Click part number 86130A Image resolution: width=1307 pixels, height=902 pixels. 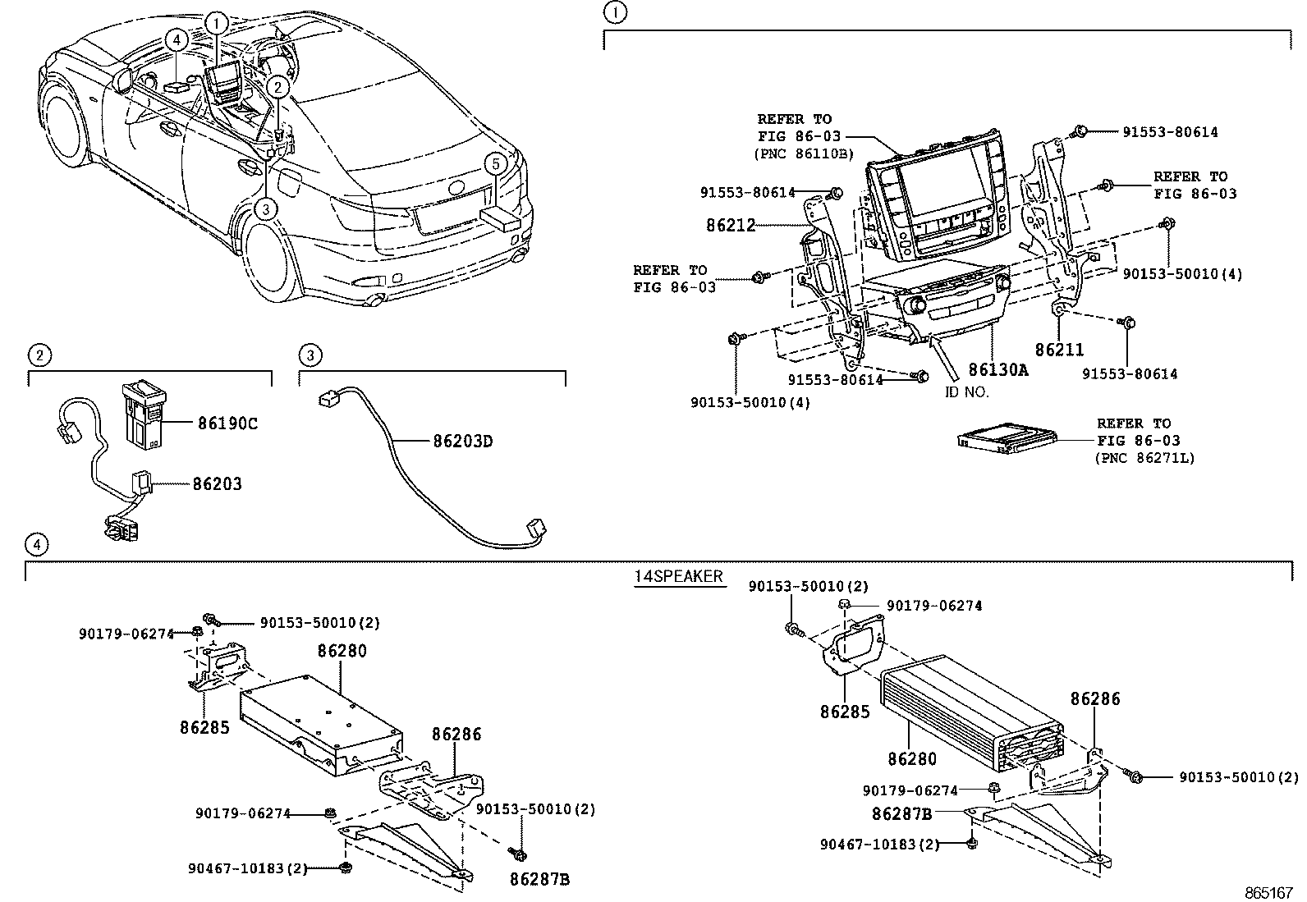click(x=998, y=370)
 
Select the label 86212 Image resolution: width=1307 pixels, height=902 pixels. click(x=731, y=224)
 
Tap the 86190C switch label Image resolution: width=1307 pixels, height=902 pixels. click(x=227, y=424)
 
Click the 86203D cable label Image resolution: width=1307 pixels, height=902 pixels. click(x=463, y=442)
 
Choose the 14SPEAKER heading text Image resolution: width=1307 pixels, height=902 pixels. click(x=678, y=576)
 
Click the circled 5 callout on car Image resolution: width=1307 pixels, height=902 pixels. click(x=495, y=163)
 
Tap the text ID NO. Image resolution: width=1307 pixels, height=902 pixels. click(x=966, y=391)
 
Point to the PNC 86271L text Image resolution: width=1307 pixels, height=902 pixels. click(x=1145, y=458)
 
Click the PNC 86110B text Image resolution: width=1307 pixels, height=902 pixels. click(x=804, y=153)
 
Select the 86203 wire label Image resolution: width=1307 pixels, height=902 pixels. click(x=218, y=484)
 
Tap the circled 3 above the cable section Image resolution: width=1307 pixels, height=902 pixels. click(x=310, y=355)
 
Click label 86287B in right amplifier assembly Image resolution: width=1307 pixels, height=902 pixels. click(x=901, y=814)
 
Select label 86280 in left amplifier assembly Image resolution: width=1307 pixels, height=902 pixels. click(x=342, y=651)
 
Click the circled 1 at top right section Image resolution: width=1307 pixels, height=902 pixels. click(x=614, y=12)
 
